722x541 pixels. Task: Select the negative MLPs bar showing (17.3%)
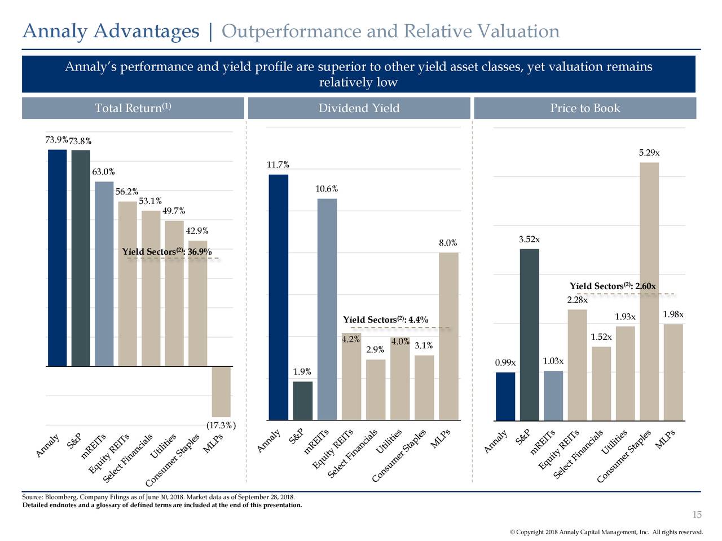[221, 392]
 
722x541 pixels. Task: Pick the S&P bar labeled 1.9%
[303, 401]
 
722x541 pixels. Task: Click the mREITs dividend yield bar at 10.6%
[327, 309]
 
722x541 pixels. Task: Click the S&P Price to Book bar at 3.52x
[529, 335]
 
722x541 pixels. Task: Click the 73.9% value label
[56, 140]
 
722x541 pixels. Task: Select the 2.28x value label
[577, 300]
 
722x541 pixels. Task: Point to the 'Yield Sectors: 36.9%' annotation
[167, 252]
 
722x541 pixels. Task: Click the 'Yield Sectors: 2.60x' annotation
[613, 286]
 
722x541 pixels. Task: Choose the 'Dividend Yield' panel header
[359, 108]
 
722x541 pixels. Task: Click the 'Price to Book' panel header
[585, 108]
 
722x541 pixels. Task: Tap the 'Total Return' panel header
[133, 108]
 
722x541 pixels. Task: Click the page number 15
[697, 515]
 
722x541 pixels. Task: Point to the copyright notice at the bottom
[606, 533]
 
